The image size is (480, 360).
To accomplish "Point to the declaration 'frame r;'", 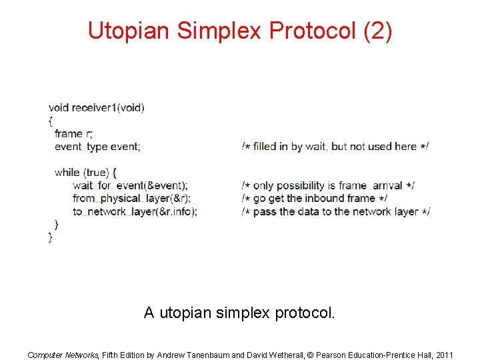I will click(74, 133).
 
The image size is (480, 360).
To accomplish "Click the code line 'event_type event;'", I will click(97, 147).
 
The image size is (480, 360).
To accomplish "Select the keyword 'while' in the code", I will click(67, 172).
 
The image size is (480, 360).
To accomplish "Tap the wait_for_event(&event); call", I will click(131, 185).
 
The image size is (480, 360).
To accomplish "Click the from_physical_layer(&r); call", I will click(132, 198).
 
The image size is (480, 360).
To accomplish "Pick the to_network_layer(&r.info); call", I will click(135, 211).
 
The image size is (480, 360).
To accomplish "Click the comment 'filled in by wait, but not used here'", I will click(335, 147).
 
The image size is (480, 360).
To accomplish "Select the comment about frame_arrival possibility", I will click(328, 185).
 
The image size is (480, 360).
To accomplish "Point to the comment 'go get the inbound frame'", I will click(315, 198).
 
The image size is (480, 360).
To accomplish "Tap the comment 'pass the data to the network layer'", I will click(336, 211).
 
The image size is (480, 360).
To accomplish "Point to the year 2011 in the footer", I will click(443, 355).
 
